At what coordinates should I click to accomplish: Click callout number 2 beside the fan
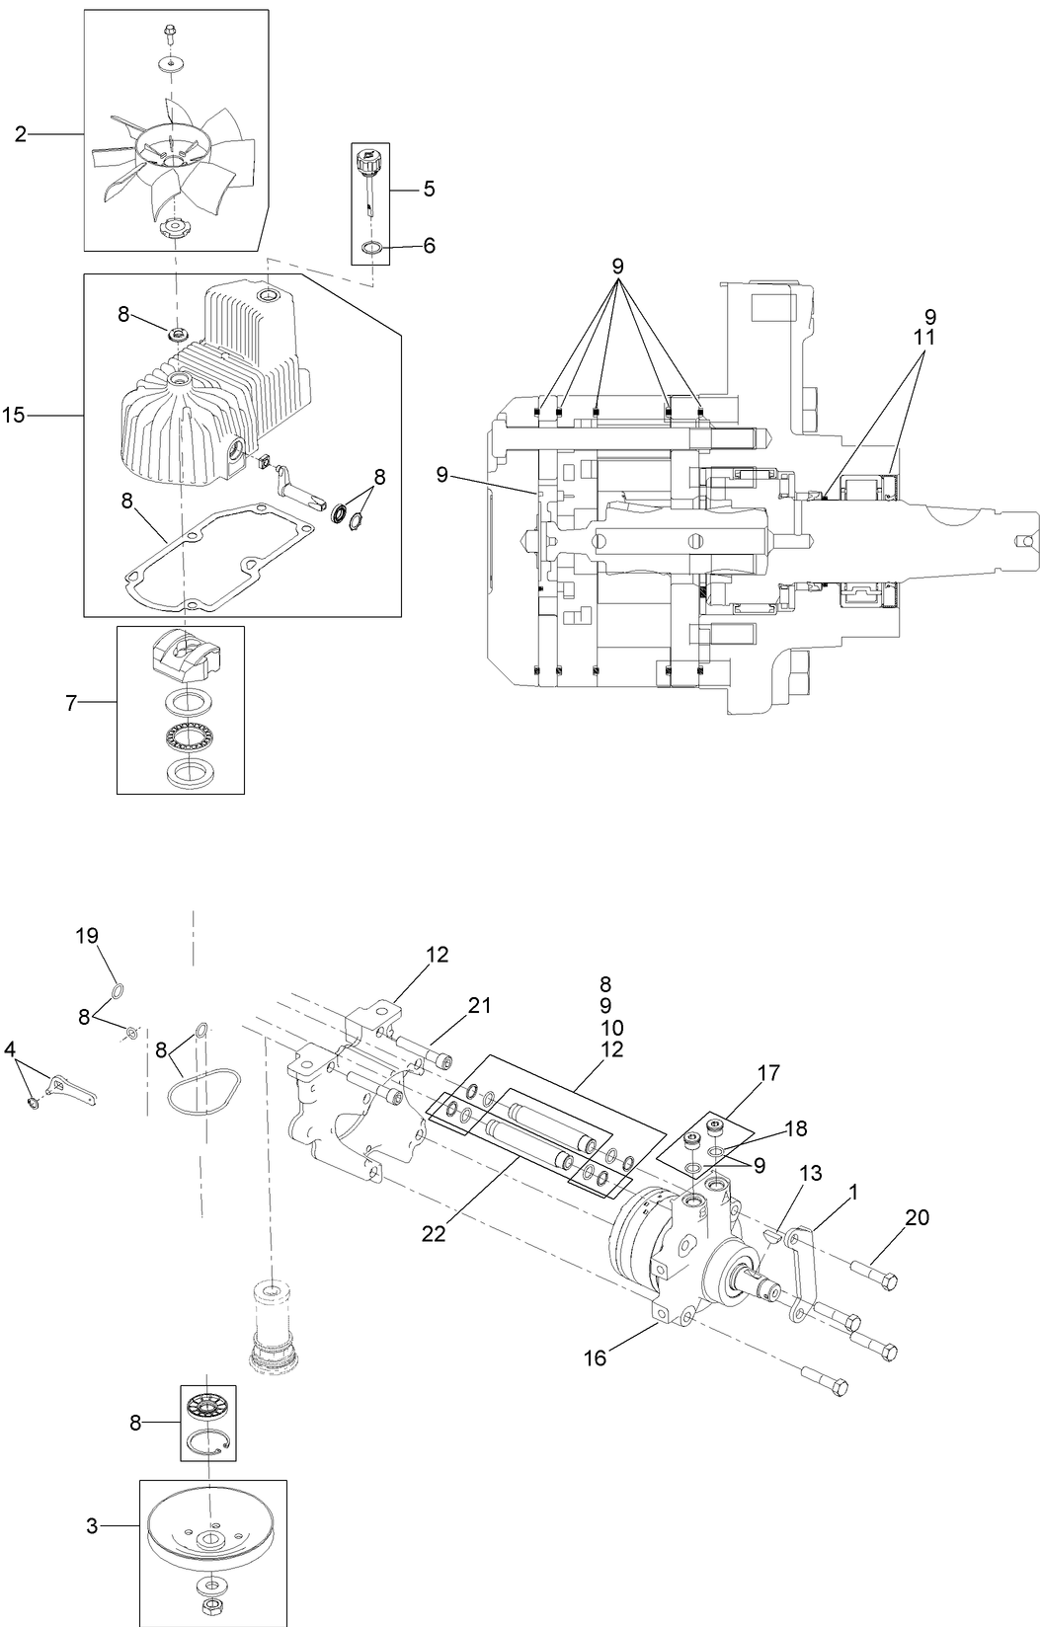pos(21,133)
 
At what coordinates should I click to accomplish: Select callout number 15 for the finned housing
pos(14,416)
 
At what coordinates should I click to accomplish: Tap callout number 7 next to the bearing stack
pos(71,703)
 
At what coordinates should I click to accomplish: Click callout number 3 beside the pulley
pos(92,1526)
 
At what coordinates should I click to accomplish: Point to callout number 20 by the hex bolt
pos(917,1218)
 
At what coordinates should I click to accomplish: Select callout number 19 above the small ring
pos(88,935)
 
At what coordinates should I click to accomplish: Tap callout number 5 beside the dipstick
pos(429,188)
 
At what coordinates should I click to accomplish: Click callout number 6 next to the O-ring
pos(429,245)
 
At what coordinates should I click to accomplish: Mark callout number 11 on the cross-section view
pos(924,337)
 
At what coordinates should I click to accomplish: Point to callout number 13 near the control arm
pos(810,1172)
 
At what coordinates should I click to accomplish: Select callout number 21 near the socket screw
pos(479,1005)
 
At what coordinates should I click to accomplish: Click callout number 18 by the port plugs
pos(796,1127)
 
